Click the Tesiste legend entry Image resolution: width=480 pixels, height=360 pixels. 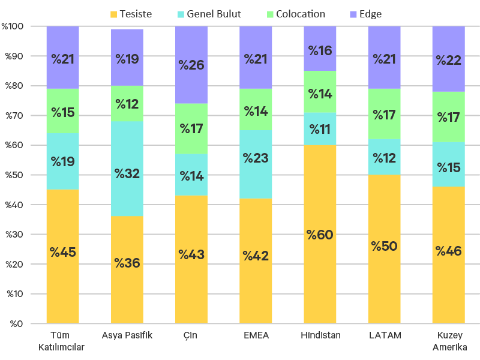point(130,14)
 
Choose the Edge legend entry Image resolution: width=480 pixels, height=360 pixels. point(365,14)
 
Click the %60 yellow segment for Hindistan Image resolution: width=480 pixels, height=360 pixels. point(320,234)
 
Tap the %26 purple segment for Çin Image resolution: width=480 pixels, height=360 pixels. point(191,65)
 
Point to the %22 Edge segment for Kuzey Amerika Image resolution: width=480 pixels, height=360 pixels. point(448,59)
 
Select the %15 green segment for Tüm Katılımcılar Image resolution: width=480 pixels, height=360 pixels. point(63,111)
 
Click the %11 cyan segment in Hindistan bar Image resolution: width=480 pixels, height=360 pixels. point(320,129)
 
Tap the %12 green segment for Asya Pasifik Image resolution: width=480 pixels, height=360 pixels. point(127,104)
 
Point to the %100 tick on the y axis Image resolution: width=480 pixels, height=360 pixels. point(13,26)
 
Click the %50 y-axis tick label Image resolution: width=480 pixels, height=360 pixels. point(14,175)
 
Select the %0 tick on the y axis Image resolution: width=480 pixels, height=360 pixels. point(16,324)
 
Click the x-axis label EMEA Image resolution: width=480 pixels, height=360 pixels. point(256,335)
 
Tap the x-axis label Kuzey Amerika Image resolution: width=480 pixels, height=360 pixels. point(448,341)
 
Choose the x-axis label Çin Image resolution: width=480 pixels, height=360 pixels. point(191,335)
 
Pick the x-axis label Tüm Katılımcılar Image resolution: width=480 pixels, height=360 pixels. point(62,341)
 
